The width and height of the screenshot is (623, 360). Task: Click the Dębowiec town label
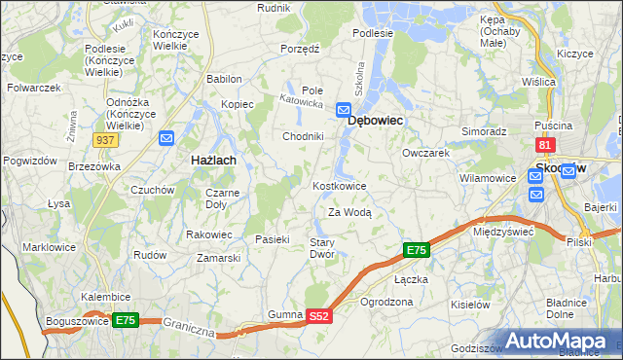coord(376,121)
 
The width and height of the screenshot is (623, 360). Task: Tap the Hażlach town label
coord(210,159)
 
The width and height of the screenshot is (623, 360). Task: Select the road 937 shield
coord(107,140)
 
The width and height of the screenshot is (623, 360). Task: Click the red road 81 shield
coord(545,145)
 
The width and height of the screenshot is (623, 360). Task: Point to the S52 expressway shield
coord(320,316)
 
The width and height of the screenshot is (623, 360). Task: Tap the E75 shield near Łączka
coord(416,251)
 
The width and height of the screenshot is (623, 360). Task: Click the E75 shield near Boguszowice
coord(125,319)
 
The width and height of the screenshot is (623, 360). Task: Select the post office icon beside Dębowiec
coord(344,110)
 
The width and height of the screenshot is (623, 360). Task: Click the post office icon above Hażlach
coord(166,139)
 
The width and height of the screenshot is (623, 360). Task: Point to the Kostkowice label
coord(339,186)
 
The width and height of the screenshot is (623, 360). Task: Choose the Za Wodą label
coord(349,212)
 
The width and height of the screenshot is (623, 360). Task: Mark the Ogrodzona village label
coord(386,303)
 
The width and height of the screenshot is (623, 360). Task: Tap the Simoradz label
coord(484,130)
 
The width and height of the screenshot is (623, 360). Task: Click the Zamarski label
coord(218,258)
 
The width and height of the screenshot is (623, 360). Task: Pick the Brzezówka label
coord(93,166)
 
